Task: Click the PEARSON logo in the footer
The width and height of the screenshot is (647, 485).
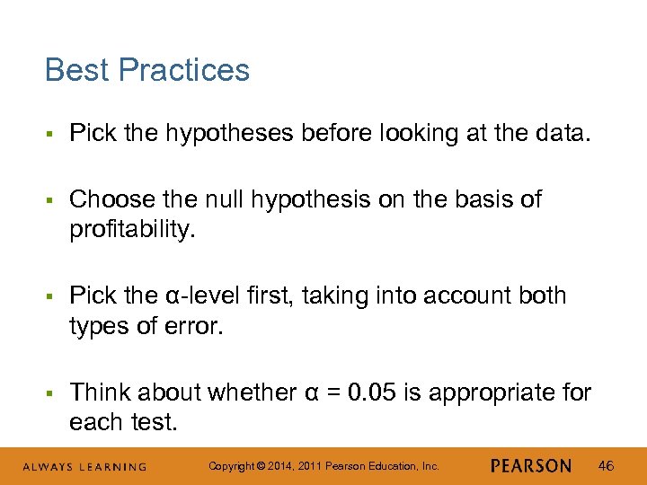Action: (531, 466)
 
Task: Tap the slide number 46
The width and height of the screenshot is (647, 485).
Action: (607, 465)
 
